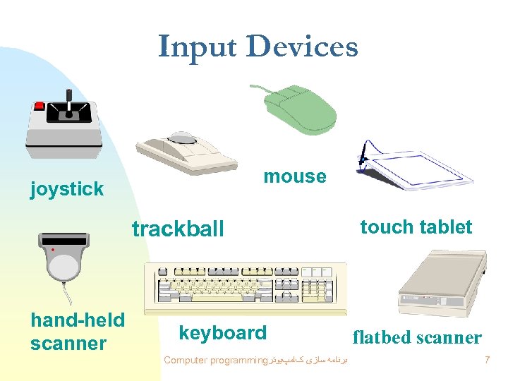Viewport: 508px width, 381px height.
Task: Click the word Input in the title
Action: point(198,47)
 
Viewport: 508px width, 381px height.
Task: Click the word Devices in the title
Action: point(303,47)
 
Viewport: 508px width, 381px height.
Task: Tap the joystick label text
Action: point(67,188)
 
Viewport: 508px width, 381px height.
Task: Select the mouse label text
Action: point(295,176)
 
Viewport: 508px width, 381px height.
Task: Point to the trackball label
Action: point(178,229)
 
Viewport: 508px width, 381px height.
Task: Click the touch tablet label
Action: point(416,227)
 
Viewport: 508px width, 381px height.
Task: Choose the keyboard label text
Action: point(223,333)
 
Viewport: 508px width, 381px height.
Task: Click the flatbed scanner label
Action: point(417,337)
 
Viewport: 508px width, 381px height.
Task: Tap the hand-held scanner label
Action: point(78,332)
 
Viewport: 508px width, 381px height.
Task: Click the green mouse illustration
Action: point(299,109)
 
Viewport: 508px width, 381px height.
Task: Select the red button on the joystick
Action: point(40,106)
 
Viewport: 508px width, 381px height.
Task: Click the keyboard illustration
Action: point(246,288)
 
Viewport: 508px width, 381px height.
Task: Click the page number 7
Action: point(487,361)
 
